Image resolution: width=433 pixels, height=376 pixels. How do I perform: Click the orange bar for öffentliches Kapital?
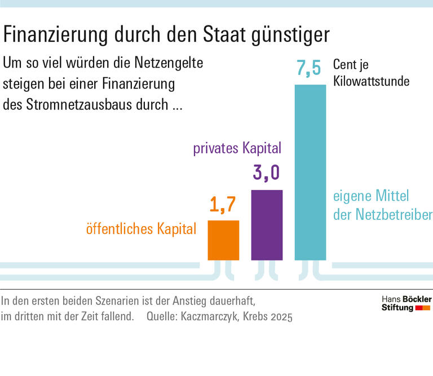[223, 240]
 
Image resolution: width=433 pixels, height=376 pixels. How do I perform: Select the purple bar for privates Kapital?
[267, 224]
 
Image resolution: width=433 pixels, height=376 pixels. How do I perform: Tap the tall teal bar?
[310, 172]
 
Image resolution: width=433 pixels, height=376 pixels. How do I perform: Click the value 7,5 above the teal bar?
[308, 69]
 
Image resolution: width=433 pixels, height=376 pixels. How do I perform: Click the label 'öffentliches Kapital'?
[141, 229]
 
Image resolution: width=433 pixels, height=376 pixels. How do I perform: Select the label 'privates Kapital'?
[237, 149]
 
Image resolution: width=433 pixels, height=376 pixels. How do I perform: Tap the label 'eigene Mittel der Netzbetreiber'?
[382, 206]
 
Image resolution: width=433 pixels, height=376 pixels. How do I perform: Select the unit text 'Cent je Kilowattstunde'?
[371, 73]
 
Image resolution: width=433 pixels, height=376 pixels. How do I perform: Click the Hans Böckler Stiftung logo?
[405, 303]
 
